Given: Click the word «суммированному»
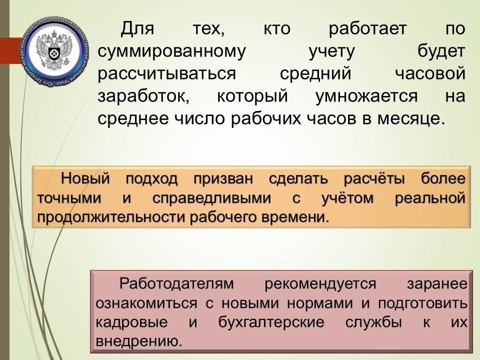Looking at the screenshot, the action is click(171, 51).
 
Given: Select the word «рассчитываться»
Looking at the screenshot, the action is click(167, 74).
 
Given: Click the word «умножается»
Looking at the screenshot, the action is click(366, 96).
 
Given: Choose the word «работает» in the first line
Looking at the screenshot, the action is click(367, 29).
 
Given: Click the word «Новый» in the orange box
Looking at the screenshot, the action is click(85, 178).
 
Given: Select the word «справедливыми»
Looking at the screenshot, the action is click(211, 198).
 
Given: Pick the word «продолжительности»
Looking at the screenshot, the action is click(111, 217).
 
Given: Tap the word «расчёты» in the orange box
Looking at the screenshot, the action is click(374, 179).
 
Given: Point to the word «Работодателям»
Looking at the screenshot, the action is click(176, 283).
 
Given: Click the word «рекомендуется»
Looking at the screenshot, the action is click(320, 284).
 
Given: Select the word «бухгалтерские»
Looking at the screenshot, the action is click(271, 322).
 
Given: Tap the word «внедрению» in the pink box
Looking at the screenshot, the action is click(139, 341).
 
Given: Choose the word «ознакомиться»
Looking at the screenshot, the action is click(146, 303).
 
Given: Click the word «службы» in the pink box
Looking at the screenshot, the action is click(373, 322).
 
